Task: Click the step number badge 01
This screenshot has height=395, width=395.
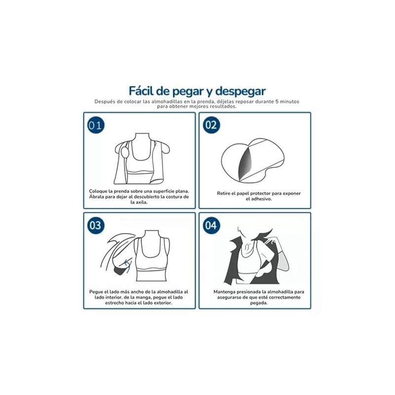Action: coord(95,125)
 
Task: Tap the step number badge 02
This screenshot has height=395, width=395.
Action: coord(211,125)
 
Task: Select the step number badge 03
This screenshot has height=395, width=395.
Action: coord(95,226)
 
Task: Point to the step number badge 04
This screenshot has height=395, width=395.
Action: coord(211,226)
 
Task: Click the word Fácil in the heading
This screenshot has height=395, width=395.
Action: coord(141,91)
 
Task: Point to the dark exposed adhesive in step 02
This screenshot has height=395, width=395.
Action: coord(245,162)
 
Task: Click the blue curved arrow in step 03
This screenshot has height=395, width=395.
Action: coord(127,266)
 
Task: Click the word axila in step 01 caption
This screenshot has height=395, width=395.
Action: coord(141,202)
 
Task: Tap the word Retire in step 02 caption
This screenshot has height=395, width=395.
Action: coord(224,194)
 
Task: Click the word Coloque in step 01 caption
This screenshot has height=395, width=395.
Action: coord(98,192)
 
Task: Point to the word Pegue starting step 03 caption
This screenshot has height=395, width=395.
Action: coord(96,292)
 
